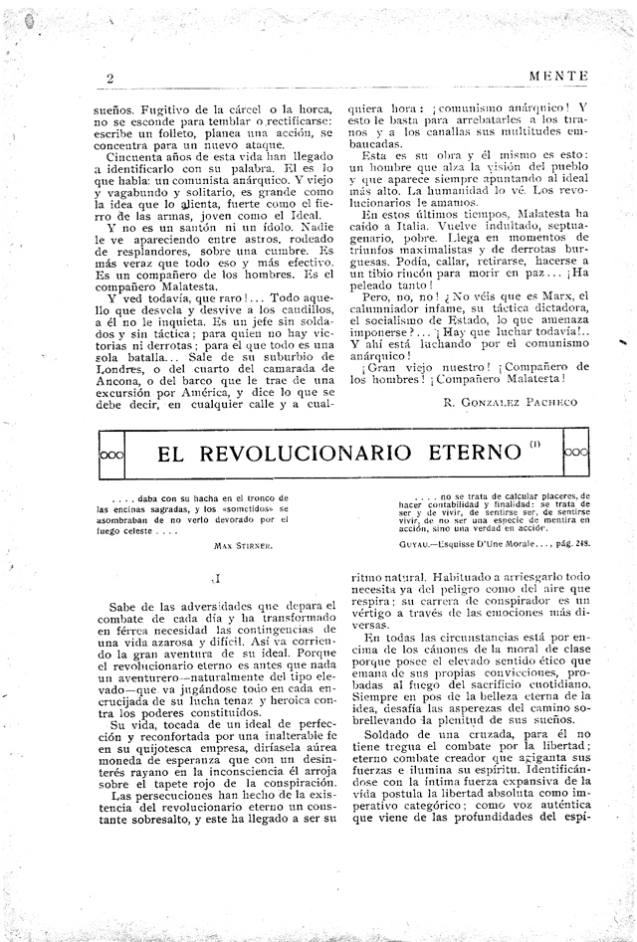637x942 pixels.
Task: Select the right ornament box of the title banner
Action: tap(576, 453)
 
